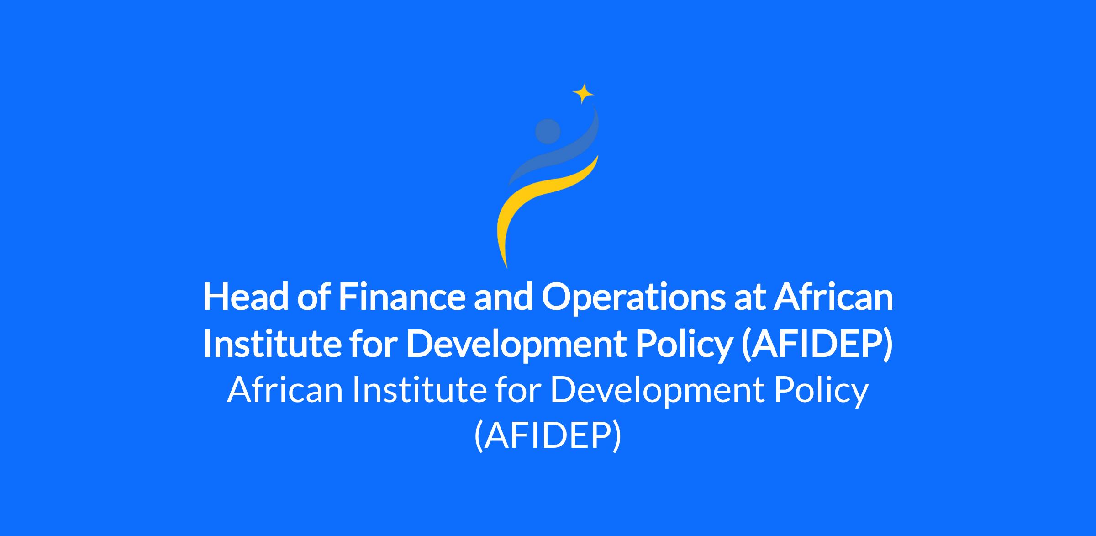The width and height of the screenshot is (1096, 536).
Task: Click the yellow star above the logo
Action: point(583,93)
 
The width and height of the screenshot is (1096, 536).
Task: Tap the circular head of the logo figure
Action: point(548,132)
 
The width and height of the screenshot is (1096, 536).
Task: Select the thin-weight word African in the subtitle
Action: point(285,390)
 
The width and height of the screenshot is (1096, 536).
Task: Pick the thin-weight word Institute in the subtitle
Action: point(419,390)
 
